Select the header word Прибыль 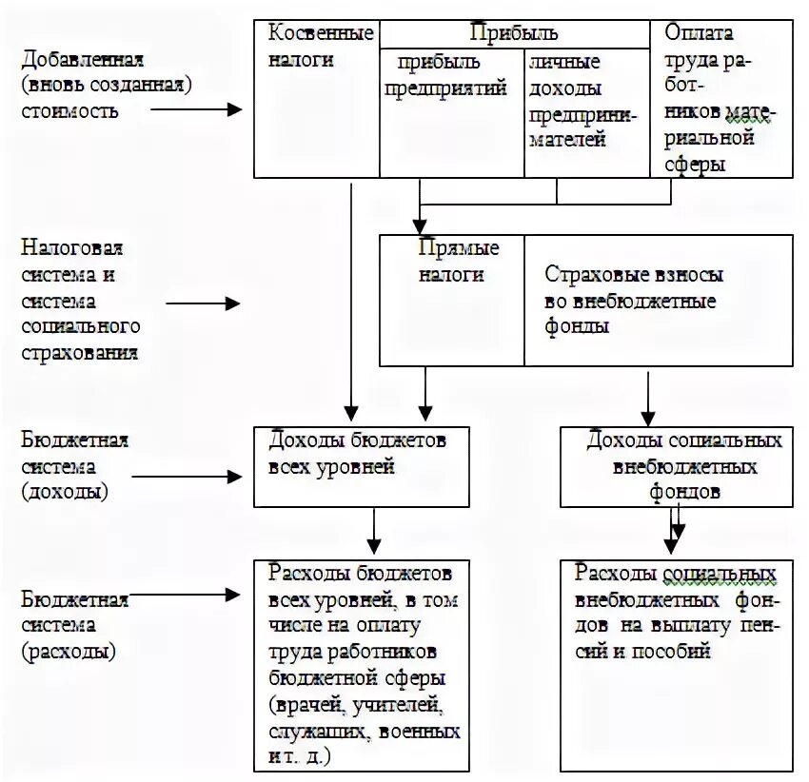pos(513,33)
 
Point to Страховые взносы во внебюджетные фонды pos(658,301)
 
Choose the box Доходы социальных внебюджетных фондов pos(676,466)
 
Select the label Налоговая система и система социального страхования pos(81,301)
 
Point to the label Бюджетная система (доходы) pos(73,466)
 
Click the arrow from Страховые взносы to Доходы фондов pos(648,396)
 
